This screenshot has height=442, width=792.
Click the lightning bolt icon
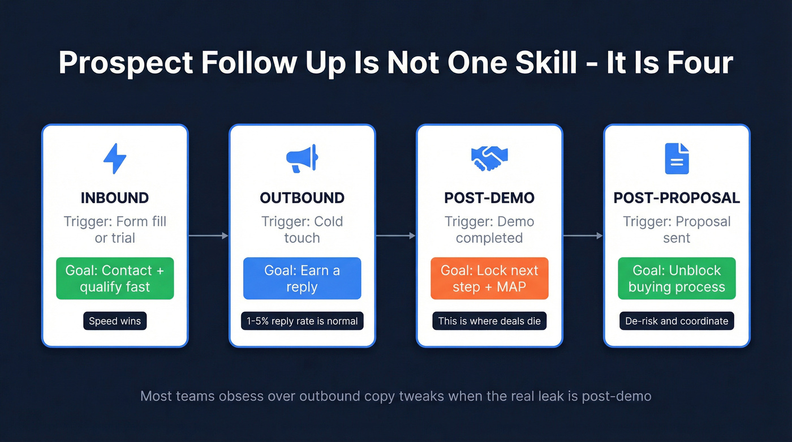click(115, 158)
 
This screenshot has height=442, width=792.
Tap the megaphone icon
click(302, 159)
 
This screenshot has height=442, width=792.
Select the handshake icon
click(489, 159)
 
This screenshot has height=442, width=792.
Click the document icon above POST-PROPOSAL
click(677, 158)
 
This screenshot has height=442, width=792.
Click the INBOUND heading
click(115, 198)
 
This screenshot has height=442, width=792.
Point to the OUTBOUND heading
click(302, 198)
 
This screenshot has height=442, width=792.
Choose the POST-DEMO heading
click(489, 198)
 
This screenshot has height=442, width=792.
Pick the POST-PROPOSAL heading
click(677, 198)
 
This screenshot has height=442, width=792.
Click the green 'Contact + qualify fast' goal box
click(115, 278)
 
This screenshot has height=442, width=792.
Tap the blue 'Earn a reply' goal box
click(302, 278)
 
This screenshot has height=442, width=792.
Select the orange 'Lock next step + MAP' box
click(489, 278)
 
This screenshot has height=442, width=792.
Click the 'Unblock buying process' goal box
click(677, 278)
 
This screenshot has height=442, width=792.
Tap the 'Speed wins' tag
click(115, 321)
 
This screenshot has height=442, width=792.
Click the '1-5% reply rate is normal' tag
click(302, 321)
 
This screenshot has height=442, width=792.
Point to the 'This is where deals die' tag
click(489, 321)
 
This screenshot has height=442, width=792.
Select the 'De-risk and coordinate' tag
click(677, 321)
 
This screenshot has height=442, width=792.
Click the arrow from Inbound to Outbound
click(208, 235)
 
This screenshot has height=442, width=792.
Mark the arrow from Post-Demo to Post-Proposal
click(583, 235)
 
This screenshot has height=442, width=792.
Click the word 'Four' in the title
click(702, 63)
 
